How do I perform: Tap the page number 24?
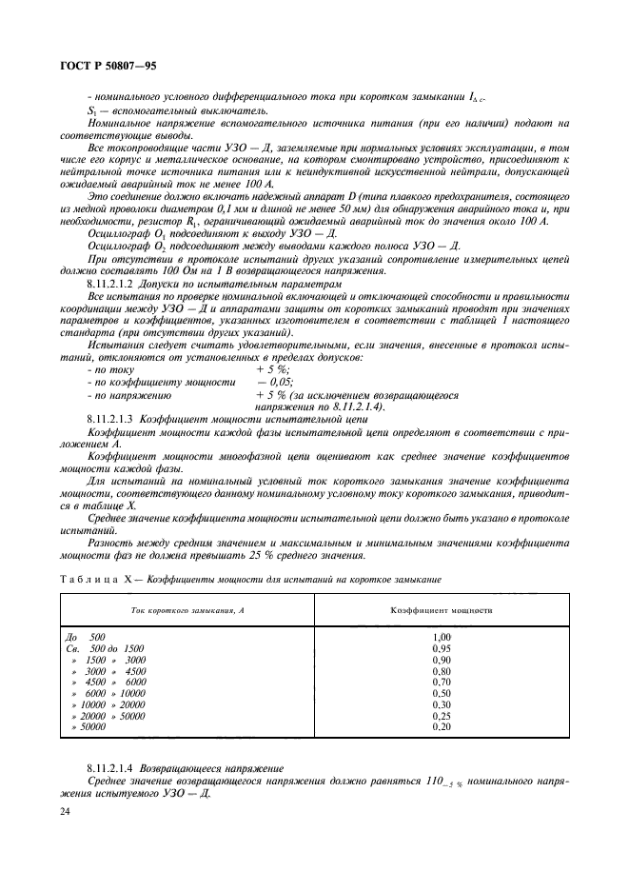(x=67, y=811)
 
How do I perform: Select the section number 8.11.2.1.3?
(x=109, y=418)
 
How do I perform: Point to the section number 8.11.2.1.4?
(x=109, y=765)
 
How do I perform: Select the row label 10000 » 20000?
(x=108, y=704)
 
